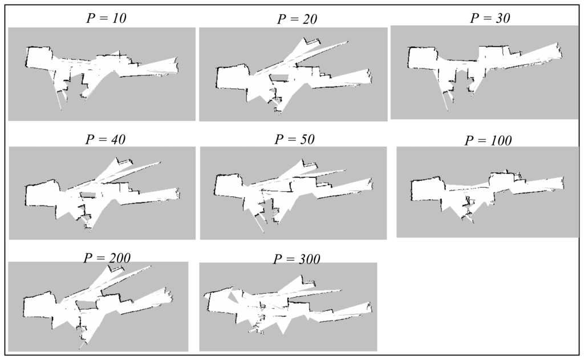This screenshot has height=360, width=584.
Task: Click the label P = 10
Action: pos(106,18)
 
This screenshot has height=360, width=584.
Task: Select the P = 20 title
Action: pos(297,19)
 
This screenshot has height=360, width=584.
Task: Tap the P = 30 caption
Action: pos(490,18)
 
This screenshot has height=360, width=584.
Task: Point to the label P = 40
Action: pos(106,139)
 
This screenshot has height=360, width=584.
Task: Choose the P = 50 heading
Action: pos(294,139)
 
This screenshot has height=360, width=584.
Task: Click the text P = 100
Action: pos(488,140)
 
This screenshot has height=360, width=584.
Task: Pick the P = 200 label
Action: pos(107,257)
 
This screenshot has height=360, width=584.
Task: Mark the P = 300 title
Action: pos(297,258)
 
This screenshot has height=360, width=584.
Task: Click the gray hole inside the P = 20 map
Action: pos(279,78)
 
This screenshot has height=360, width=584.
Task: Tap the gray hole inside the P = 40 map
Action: pos(88,195)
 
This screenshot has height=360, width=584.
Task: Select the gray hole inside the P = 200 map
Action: pos(87,304)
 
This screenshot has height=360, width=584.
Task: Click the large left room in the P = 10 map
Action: pos(39,57)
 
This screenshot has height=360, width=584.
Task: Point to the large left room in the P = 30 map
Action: pos(421,58)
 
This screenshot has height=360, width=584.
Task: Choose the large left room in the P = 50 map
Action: pos(228,185)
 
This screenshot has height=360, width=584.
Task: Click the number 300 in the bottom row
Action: pos(308,258)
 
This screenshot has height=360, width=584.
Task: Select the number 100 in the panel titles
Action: pos(500,140)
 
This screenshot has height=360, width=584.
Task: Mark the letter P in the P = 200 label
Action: pos(88,257)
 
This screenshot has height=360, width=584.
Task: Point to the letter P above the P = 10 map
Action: pos(91,18)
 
